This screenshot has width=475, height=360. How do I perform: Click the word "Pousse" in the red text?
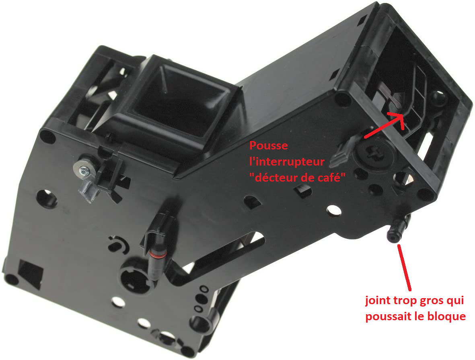pyautogui.click(x=268, y=146)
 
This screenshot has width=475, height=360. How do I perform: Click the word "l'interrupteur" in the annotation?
pyautogui.click(x=287, y=162)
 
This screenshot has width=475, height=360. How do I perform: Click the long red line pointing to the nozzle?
pyautogui.click(x=404, y=268)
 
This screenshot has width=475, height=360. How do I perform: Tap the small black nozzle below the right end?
pyautogui.click(x=396, y=230)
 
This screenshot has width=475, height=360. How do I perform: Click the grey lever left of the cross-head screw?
pyautogui.click(x=343, y=151)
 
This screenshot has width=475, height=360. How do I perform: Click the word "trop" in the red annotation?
pyautogui.click(x=404, y=301)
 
